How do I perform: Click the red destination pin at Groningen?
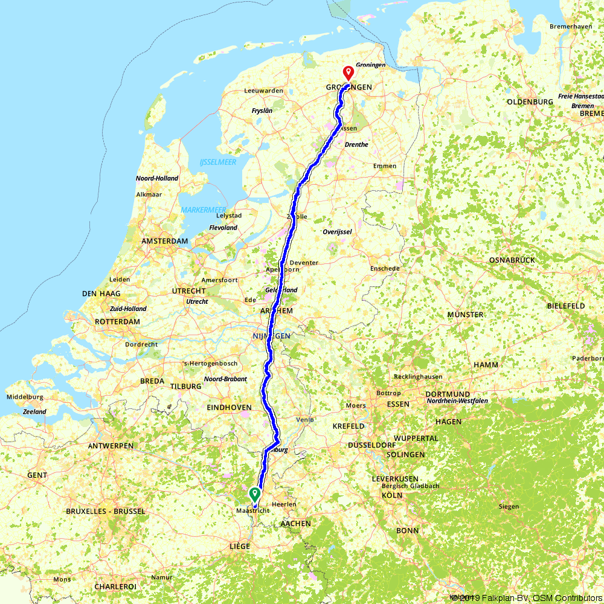tap(349, 72)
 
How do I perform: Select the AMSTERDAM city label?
tap(164, 241)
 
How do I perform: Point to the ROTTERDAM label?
tap(118, 322)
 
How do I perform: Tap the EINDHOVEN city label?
tap(229, 408)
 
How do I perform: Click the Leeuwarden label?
tap(263, 91)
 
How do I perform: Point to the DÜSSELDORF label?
tap(373, 445)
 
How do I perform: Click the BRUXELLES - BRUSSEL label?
tap(108, 511)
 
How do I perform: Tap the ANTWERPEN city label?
tap(111, 446)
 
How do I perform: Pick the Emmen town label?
tap(385, 166)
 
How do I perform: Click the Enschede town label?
tap(385, 268)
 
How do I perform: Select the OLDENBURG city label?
tap(530, 101)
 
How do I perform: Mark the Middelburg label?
tap(25, 397)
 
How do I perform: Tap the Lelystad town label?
tap(229, 216)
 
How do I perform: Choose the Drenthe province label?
tap(356, 145)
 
